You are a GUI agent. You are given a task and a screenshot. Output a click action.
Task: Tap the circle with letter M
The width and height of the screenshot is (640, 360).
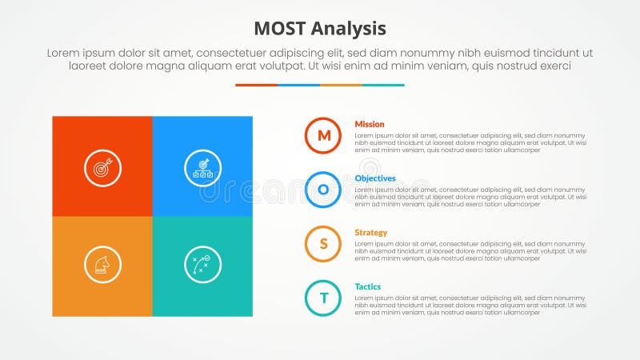pos(323,135)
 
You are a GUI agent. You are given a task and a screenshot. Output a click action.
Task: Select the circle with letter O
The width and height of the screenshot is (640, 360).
pos(323,190)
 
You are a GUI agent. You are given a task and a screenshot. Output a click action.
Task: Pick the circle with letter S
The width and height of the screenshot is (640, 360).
pos(323,244)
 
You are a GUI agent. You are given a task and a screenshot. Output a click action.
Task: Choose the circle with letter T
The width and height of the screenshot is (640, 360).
pos(323,298)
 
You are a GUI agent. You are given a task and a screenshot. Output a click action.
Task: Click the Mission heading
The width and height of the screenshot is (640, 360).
pos(370,124)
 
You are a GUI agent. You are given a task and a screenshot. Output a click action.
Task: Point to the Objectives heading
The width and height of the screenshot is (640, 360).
pos(375,178)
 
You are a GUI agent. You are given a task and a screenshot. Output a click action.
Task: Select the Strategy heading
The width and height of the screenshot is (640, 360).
pos(371,233)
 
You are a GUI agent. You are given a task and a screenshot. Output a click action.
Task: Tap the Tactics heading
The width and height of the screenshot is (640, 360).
pos(368,286)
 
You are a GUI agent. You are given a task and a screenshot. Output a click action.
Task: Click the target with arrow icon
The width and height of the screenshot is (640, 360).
pos(102,168)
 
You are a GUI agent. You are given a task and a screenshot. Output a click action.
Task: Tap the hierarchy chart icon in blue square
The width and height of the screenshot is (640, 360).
pos(202,168)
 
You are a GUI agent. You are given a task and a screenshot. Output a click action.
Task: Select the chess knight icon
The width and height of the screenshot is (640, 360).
pos(102,264)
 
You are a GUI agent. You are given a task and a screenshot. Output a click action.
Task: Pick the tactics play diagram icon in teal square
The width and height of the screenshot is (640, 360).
pos(202,264)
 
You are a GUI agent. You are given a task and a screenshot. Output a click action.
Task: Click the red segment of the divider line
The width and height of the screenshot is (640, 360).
pos(256,85)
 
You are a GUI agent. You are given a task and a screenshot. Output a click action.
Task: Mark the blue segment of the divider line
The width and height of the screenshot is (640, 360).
pos(298,85)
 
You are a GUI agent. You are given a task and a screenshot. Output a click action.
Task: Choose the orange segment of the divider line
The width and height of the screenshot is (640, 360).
pos(341,85)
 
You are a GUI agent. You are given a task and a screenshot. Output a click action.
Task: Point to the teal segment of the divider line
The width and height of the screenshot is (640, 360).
pos(383,85)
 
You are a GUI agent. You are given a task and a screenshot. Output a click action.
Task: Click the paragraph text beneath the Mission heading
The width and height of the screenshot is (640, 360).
pos(470,142)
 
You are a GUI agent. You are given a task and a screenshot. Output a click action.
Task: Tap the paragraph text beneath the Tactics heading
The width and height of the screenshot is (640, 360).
pos(470,305)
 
